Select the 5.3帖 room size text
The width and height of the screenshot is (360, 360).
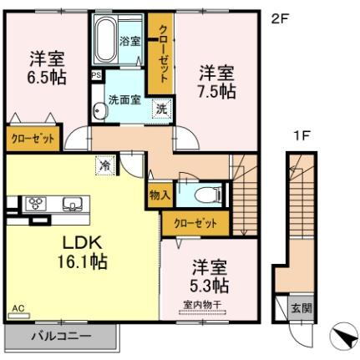coord(210,286)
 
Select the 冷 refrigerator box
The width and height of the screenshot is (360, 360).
coord(104,165)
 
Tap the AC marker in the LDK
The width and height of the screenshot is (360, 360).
coord(18,309)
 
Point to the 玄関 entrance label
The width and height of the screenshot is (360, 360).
coord(299,307)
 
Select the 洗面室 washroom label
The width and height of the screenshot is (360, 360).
coord(124,97)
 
